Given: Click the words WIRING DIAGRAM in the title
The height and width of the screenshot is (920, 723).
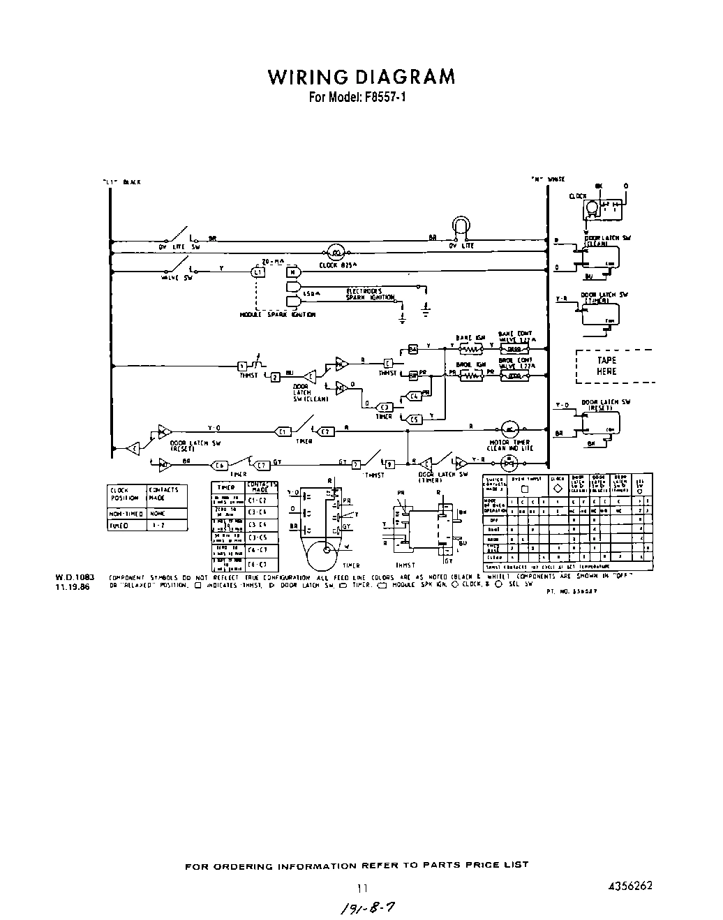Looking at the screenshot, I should point(361,76).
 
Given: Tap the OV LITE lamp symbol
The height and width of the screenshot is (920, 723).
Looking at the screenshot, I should point(461,225).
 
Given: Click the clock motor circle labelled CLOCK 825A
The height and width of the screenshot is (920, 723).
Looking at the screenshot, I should point(335,253).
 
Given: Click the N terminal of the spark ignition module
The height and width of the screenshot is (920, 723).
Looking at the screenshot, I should point(294,272).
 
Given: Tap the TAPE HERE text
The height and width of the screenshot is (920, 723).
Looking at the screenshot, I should point(606,366).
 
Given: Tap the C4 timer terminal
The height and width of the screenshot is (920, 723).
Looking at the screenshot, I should point(414,396).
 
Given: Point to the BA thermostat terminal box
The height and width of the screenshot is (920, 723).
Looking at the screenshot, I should point(412,348).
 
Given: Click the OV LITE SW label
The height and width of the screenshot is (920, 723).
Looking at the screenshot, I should point(179,246).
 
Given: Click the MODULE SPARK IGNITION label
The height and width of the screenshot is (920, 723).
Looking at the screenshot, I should point(277,315).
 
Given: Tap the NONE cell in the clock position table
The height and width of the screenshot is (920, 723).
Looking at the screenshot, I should point(157,513).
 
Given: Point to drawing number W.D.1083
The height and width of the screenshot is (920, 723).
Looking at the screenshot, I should point(73,577).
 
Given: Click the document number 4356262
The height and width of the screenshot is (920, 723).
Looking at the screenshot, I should point(630,885).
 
